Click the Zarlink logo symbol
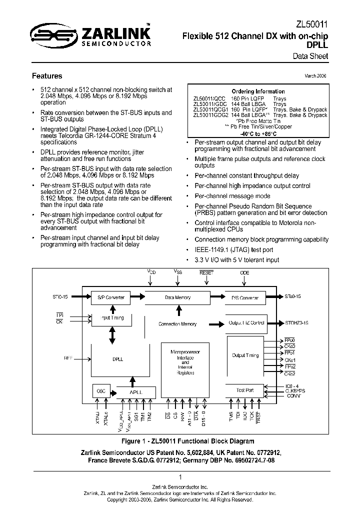(x=50, y=35)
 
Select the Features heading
(x=47, y=76)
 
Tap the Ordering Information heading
(x=260, y=91)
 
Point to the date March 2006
(x=316, y=76)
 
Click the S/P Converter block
(x=110, y=297)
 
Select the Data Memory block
(x=178, y=297)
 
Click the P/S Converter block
(x=245, y=298)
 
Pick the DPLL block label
(x=118, y=359)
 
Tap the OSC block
(x=100, y=391)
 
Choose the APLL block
(x=135, y=392)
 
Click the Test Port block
(x=245, y=390)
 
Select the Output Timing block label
(x=245, y=355)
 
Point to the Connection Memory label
(x=177, y=324)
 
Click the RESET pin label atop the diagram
(x=206, y=273)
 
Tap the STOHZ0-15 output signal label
(x=298, y=323)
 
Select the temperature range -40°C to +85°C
(x=259, y=134)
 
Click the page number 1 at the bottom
(x=180, y=477)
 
